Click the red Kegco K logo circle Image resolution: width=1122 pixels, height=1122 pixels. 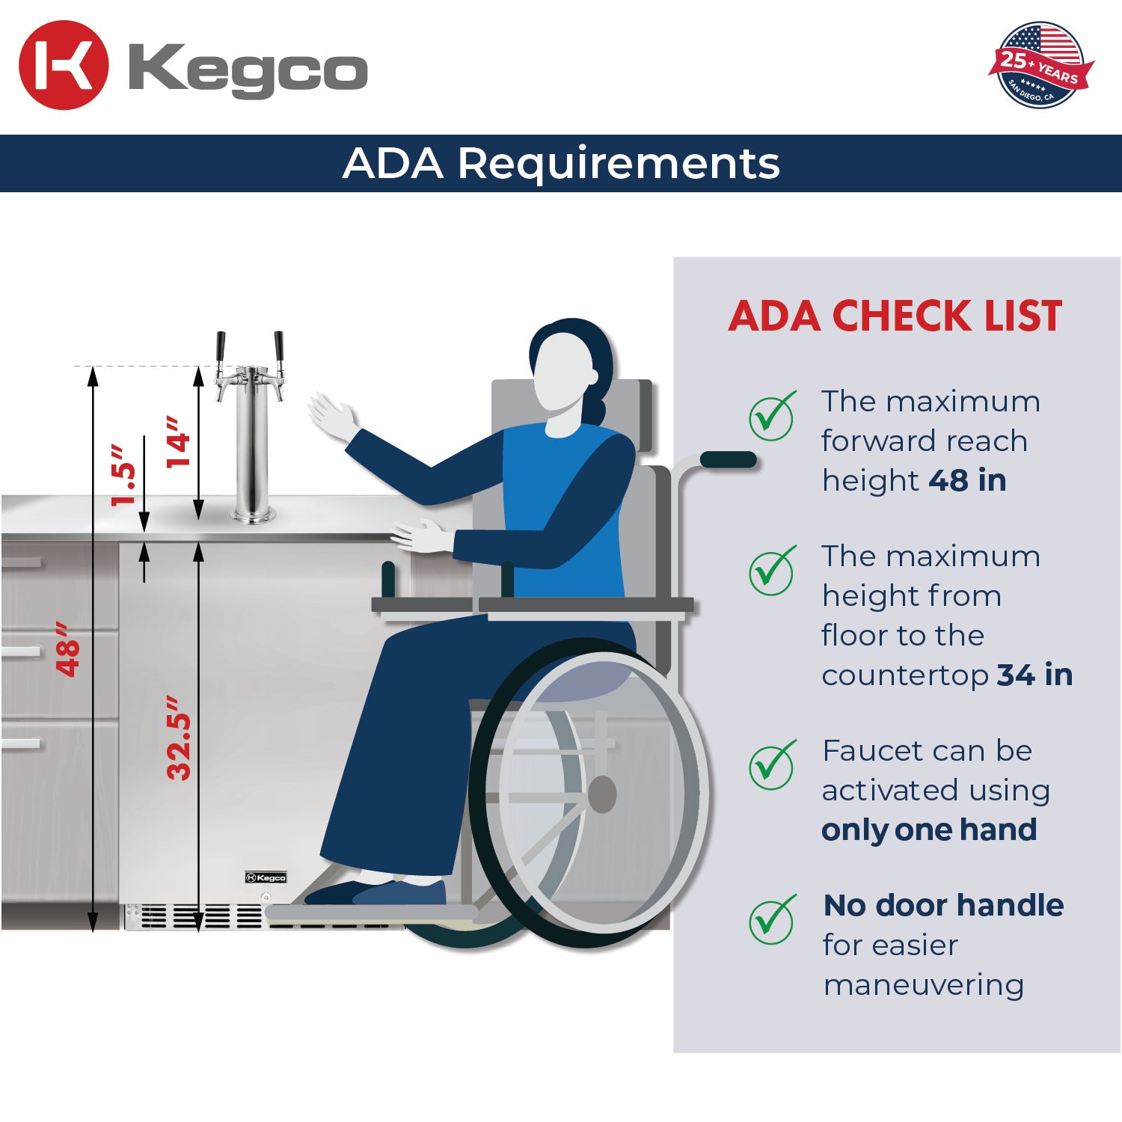click(x=64, y=65)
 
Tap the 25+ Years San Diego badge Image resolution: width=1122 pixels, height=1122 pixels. click(x=1040, y=65)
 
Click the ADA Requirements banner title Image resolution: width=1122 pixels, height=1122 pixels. click(x=561, y=163)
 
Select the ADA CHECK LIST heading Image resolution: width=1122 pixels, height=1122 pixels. click(x=895, y=316)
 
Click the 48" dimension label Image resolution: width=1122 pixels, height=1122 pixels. click(x=68, y=649)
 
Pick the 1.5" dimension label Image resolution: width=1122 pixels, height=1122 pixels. click(x=124, y=475)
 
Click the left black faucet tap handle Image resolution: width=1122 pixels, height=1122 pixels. click(x=221, y=347)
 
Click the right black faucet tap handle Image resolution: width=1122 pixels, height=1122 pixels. click(x=279, y=347)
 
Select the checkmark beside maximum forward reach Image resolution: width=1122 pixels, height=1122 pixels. click(x=772, y=416)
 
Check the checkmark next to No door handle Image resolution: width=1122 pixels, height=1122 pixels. click(x=772, y=920)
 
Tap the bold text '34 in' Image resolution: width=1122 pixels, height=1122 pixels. click(x=1034, y=675)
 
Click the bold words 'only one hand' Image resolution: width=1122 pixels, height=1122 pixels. click(x=929, y=830)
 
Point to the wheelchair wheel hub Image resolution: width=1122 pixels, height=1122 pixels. click(x=602, y=794)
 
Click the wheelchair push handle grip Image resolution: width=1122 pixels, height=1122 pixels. click(x=728, y=459)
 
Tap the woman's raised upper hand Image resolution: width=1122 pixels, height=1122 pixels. click(x=331, y=416)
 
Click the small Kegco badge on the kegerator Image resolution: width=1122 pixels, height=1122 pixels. click(x=266, y=877)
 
